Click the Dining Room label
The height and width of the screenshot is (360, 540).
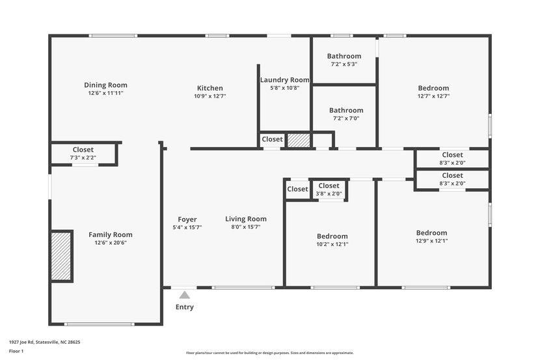[105, 85]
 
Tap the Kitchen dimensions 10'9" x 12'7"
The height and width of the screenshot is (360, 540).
[209, 96]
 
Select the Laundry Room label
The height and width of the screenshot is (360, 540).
[284, 80]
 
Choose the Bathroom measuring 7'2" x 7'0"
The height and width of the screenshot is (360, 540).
[345, 114]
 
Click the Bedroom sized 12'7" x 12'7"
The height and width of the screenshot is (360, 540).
[433, 92]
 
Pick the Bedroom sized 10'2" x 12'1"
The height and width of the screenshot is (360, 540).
[332, 240]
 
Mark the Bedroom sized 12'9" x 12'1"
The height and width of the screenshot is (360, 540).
[431, 236]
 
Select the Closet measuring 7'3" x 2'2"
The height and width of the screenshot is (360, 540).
[83, 154]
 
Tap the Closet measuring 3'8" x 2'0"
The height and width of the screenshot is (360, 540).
[329, 189]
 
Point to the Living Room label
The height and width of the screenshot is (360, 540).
[246, 219]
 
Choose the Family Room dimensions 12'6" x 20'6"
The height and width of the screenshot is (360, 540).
[110, 243]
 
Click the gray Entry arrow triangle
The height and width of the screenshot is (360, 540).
[185, 295]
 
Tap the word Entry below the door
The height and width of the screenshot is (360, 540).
[185, 307]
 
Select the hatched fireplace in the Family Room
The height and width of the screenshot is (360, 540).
[61, 256]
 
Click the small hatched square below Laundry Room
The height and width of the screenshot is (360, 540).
[299, 140]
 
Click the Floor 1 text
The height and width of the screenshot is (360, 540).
[16, 351]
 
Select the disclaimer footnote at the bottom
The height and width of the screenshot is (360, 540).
[269, 353]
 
